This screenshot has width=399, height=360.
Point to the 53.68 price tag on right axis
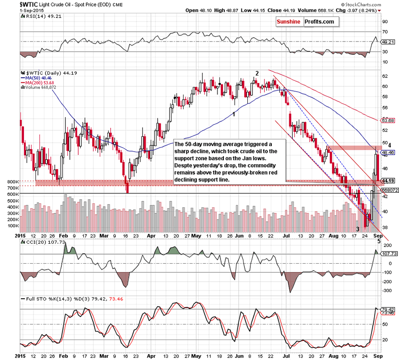click(x=388, y=120)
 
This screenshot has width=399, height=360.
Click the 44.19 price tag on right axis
click(x=388, y=180)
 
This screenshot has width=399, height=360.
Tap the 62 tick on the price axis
click(x=385, y=76)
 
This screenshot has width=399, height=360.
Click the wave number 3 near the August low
click(x=357, y=229)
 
